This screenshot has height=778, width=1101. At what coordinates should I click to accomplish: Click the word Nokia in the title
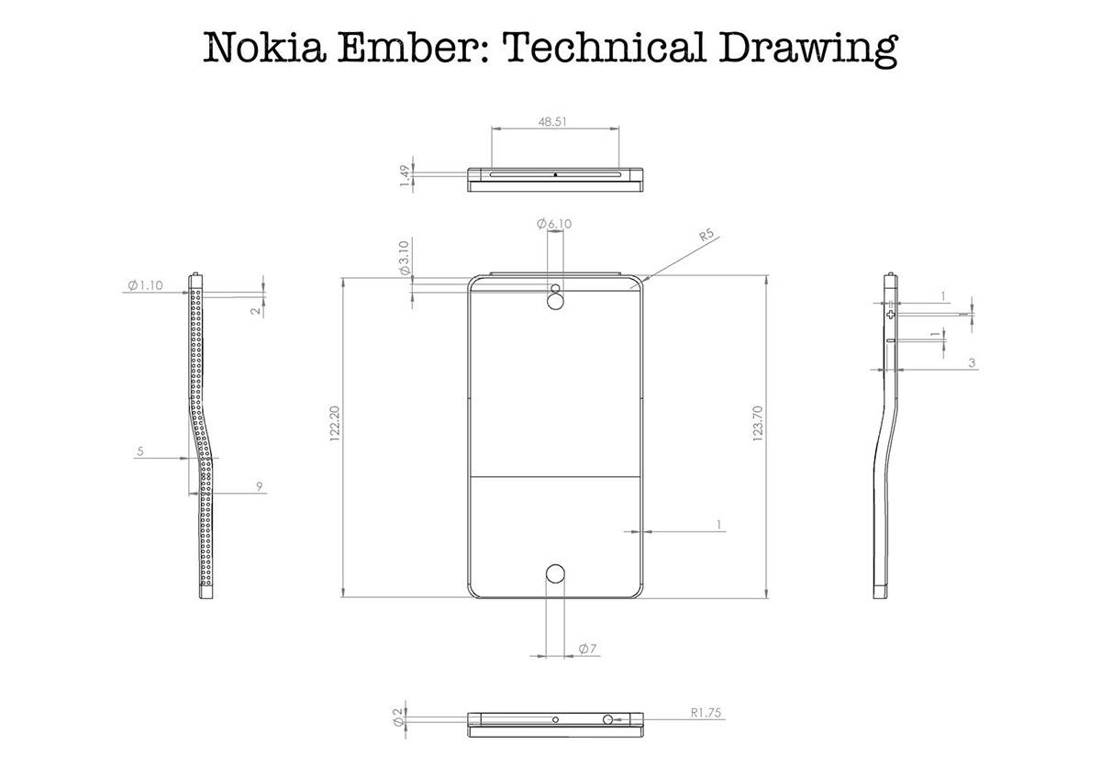pyautogui.click(x=252, y=49)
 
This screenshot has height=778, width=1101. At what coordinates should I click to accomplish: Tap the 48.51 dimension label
pyautogui.click(x=551, y=120)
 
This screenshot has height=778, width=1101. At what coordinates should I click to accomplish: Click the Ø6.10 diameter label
pyautogui.click(x=553, y=224)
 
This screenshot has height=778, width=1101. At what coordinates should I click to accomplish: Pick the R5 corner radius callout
pyautogui.click(x=706, y=236)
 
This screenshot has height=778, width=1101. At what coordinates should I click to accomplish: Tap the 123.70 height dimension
pyautogui.click(x=758, y=424)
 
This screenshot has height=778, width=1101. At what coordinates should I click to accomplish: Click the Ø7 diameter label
pyautogui.click(x=588, y=650)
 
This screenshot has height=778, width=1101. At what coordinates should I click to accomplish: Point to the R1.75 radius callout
pyautogui.click(x=707, y=712)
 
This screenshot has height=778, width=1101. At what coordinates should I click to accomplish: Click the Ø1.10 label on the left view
pyautogui.click(x=146, y=285)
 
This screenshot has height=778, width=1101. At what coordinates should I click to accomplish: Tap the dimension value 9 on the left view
pyautogui.click(x=261, y=487)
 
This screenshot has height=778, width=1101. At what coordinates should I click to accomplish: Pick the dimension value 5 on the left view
pyautogui.click(x=140, y=451)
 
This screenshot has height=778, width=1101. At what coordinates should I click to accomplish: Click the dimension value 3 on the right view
pyautogui.click(x=972, y=363)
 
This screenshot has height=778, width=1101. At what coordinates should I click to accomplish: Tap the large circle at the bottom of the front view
pyautogui.click(x=555, y=574)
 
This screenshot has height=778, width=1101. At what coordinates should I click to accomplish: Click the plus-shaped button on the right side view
pyautogui.click(x=890, y=314)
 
